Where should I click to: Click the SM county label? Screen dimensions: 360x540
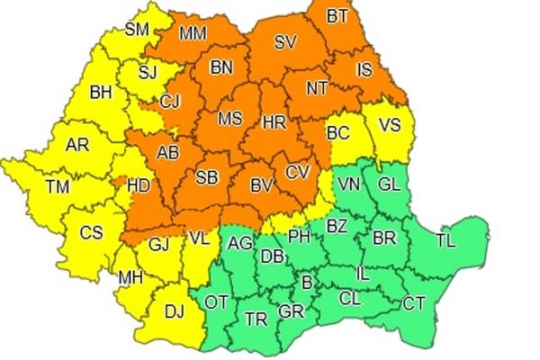coord(137,29)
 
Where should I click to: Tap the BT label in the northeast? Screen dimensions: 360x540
coord(337,16)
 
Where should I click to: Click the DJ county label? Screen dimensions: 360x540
coord(175,312)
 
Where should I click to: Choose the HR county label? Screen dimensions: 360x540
coord(273,121)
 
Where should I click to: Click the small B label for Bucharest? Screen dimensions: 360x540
coord(306,283)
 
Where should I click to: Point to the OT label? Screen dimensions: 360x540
coord(217,301)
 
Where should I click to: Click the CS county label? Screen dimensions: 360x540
coord(91,232)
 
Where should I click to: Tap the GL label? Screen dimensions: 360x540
coord(390,184)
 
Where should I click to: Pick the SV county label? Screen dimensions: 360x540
coord(285,41)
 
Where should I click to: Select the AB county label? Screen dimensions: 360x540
coord(167,153)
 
